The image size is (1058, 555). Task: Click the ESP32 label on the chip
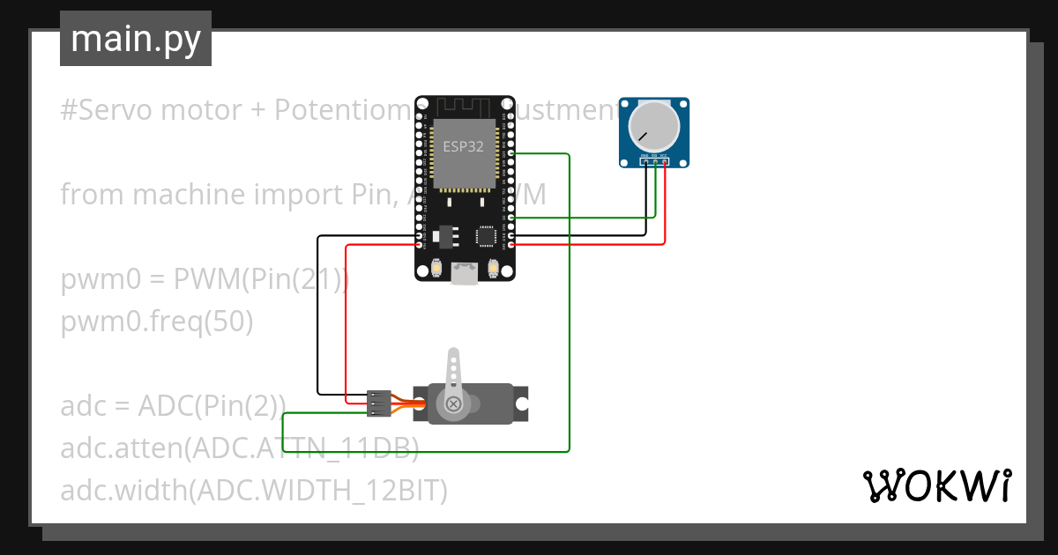tap(463, 147)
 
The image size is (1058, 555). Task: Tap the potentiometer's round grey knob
tap(653, 126)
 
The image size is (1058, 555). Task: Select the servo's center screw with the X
tap(454, 403)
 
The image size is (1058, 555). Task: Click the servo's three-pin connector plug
tap(379, 403)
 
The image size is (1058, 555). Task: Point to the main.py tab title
tap(136, 39)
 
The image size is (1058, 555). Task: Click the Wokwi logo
tap(936, 485)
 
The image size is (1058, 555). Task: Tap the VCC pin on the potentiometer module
tap(664, 161)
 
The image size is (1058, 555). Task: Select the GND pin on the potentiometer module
tap(645, 161)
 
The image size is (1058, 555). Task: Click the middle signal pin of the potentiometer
tap(654, 161)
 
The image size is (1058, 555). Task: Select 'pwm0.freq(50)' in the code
tap(157, 322)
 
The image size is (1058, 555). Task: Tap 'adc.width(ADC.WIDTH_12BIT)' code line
tap(254, 490)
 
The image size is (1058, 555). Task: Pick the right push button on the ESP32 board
tap(494, 268)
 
